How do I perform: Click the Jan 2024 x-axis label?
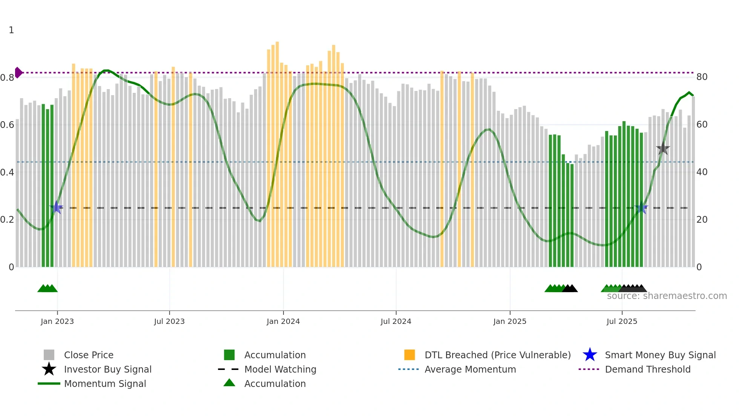click(x=283, y=321)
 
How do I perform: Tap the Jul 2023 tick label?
click(x=169, y=321)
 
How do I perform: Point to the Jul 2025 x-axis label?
click(x=621, y=321)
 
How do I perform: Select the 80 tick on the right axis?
click(x=702, y=77)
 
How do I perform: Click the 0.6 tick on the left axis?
click(x=7, y=125)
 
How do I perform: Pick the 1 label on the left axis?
click(x=11, y=30)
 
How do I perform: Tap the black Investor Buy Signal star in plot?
click(x=663, y=149)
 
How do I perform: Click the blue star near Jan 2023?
click(x=56, y=207)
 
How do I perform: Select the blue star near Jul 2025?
click(x=641, y=208)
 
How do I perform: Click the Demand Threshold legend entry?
click(x=647, y=369)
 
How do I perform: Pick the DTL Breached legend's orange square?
click(x=409, y=355)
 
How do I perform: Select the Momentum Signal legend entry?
click(x=105, y=384)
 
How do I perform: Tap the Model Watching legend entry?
click(x=280, y=369)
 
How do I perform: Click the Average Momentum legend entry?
click(x=470, y=369)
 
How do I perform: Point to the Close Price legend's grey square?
click(x=49, y=355)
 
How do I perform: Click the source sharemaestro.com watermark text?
click(x=667, y=296)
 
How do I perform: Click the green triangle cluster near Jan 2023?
click(x=48, y=288)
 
